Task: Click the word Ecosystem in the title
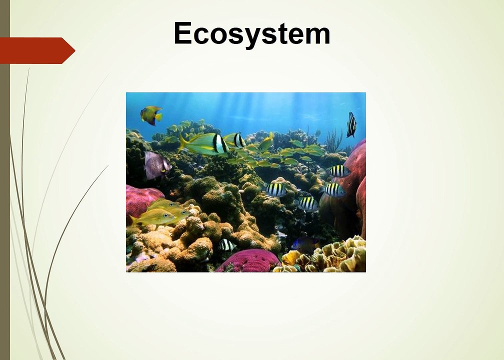point(252,34)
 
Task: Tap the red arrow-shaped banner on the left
point(37,50)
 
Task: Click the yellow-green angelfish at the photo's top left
point(151,115)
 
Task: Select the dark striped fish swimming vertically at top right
point(351,124)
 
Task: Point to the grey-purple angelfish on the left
point(157,165)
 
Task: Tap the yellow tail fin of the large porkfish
point(183,142)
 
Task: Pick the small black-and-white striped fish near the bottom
point(226,245)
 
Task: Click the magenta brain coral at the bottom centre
point(248,260)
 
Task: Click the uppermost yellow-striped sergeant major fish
point(339,171)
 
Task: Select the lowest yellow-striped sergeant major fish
point(307,204)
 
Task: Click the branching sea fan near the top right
point(334,140)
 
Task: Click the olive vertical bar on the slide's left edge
point(5,180)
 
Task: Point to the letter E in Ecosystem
point(183,33)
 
